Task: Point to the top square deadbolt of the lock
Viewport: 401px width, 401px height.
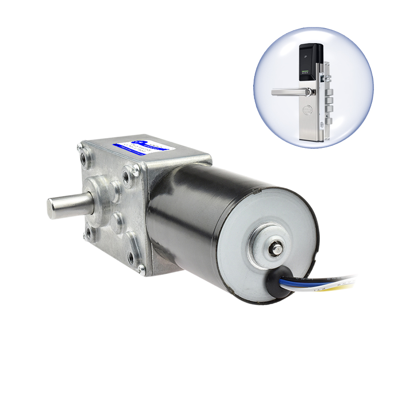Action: click(x=329, y=81)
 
